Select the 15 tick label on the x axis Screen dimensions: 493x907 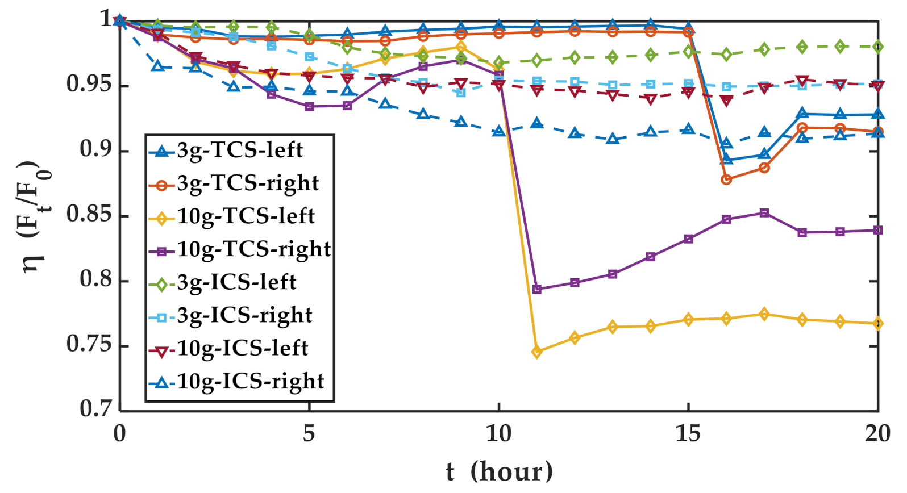point(688,434)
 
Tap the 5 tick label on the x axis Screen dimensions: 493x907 point(309,434)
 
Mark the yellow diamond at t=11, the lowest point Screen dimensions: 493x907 point(536,352)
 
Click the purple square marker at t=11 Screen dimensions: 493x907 point(536,289)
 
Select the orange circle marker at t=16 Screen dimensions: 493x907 point(726,179)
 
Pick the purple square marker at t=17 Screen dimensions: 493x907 point(764,213)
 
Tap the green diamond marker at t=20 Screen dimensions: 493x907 point(878,47)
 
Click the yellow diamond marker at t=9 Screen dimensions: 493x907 point(461,47)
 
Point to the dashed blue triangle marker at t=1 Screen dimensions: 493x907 point(158,66)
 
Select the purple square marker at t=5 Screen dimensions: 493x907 point(309,106)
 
